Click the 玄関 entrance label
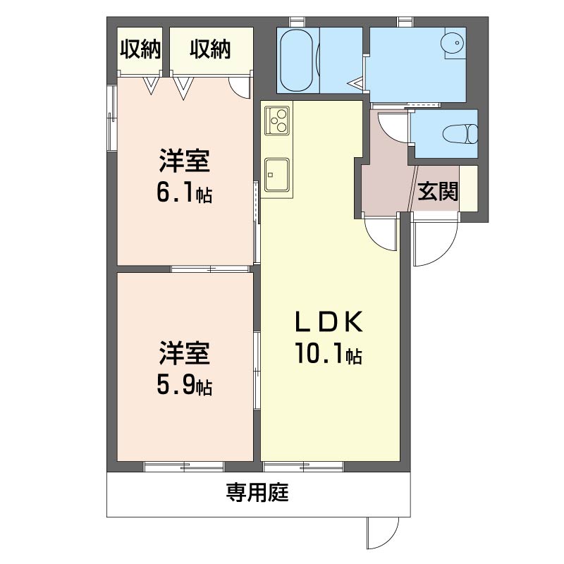[x=438, y=190]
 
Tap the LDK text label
[x=329, y=321]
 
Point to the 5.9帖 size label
[x=184, y=385]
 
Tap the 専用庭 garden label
[x=257, y=492]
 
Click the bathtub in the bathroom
[x=298, y=60]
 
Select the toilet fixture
[x=460, y=133]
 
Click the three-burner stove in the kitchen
[x=277, y=120]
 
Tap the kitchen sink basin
[x=276, y=175]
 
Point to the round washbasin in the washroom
[x=453, y=43]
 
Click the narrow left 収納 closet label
[x=140, y=49]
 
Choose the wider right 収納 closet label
[x=210, y=49]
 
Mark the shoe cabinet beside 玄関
[x=468, y=188]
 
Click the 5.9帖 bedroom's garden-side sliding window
[x=184, y=467]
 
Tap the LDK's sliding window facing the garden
[x=304, y=467]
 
